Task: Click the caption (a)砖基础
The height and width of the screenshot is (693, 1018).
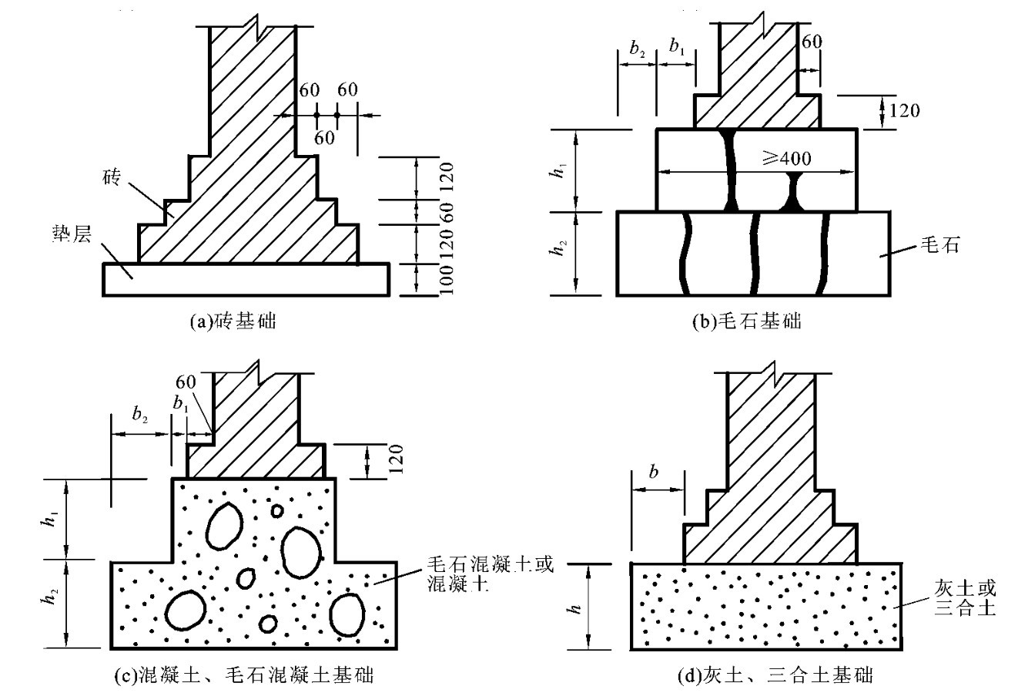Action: point(233,321)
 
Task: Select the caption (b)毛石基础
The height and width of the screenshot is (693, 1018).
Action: point(747,321)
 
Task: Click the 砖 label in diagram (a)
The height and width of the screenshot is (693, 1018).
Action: point(112,177)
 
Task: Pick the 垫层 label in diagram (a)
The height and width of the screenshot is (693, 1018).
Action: point(72,234)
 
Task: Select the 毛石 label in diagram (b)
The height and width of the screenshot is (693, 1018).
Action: point(939,245)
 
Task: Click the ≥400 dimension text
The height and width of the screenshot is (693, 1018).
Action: point(787,158)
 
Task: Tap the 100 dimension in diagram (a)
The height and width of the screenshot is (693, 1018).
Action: point(447,280)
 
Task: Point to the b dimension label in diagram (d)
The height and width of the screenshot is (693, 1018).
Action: point(654,472)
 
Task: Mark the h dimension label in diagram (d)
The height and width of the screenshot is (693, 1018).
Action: point(575,608)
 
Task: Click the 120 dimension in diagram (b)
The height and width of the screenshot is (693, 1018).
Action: point(904,110)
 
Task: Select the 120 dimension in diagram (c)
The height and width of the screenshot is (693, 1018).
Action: point(397,459)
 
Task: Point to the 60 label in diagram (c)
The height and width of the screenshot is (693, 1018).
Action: point(186,382)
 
